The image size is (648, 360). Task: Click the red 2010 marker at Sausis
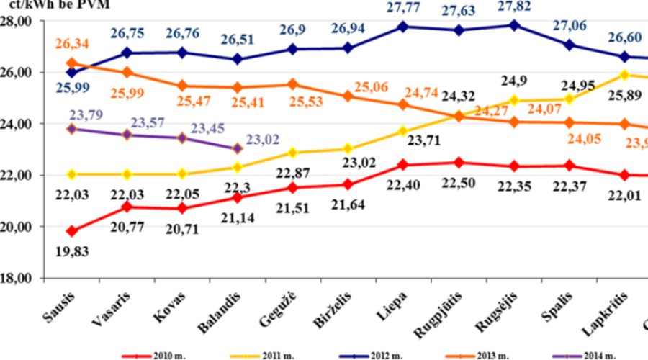pyautogui.click(x=71, y=231)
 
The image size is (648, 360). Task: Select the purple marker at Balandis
pyautogui.click(x=238, y=148)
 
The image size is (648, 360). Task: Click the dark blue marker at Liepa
pyautogui.click(x=403, y=27)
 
